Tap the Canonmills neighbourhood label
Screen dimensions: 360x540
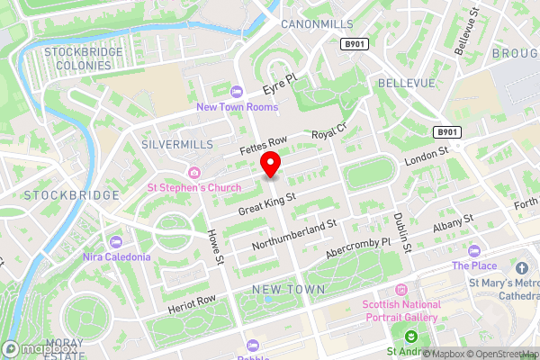tap(317, 22)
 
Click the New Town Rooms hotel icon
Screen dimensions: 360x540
tap(237, 92)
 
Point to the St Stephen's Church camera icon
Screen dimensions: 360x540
tap(193, 173)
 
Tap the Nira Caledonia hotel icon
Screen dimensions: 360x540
tap(116, 241)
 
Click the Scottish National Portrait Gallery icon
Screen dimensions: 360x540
tap(401, 290)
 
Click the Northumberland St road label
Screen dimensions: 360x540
tap(296, 230)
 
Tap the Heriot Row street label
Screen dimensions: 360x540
tap(192, 303)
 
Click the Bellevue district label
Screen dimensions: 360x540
tap(407, 82)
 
